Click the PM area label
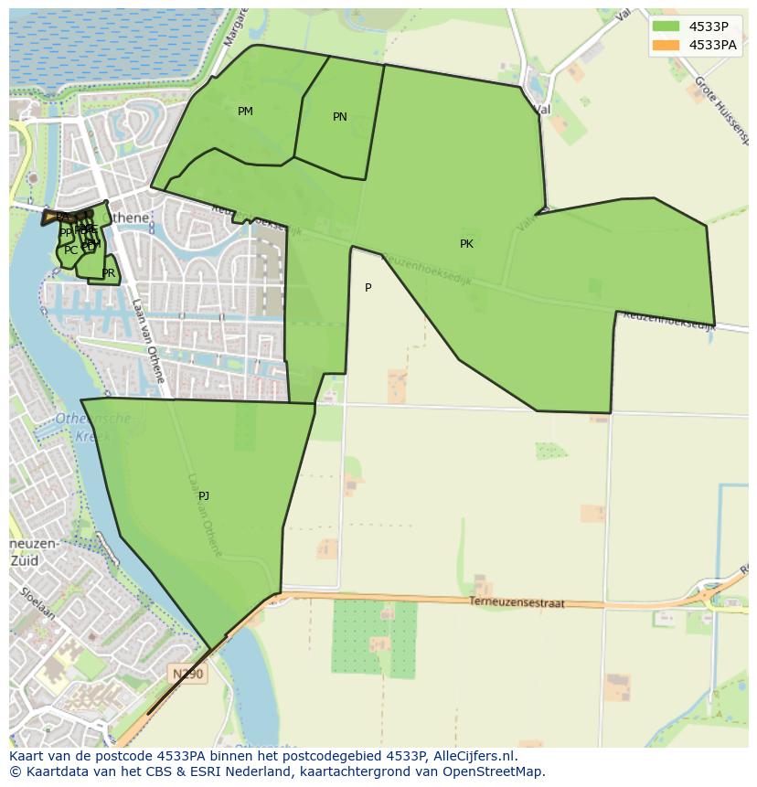coord(245,112)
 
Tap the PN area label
coord(340,117)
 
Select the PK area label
coord(466,244)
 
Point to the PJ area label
coord(204,496)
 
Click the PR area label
coord(109,273)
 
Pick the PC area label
coord(71,250)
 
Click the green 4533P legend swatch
coord(666,27)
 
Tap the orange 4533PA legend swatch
coord(666,45)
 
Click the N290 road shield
coord(188,675)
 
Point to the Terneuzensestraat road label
coord(517,603)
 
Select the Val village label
coord(542,109)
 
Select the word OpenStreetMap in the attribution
coord(493,771)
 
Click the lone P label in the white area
coord(368,288)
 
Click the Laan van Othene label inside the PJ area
coord(206,516)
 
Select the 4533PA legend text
coord(713,45)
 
